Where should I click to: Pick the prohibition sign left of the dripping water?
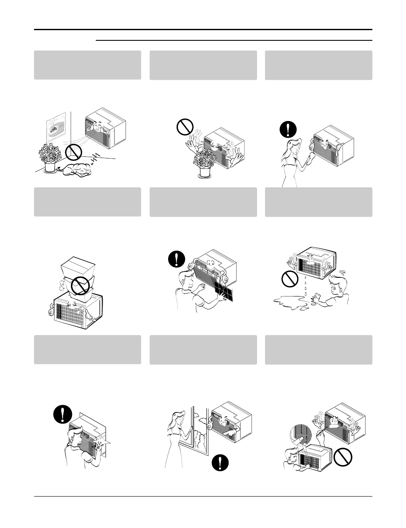tap(289, 279)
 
